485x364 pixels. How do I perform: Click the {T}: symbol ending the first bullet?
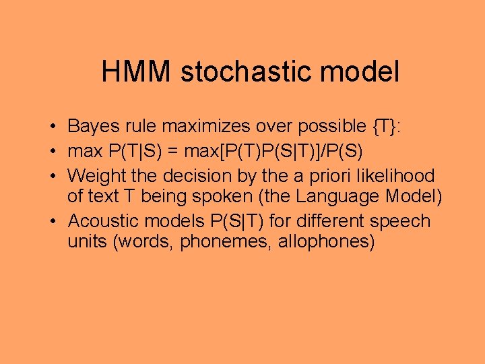386,126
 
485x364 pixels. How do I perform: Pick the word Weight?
90,175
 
